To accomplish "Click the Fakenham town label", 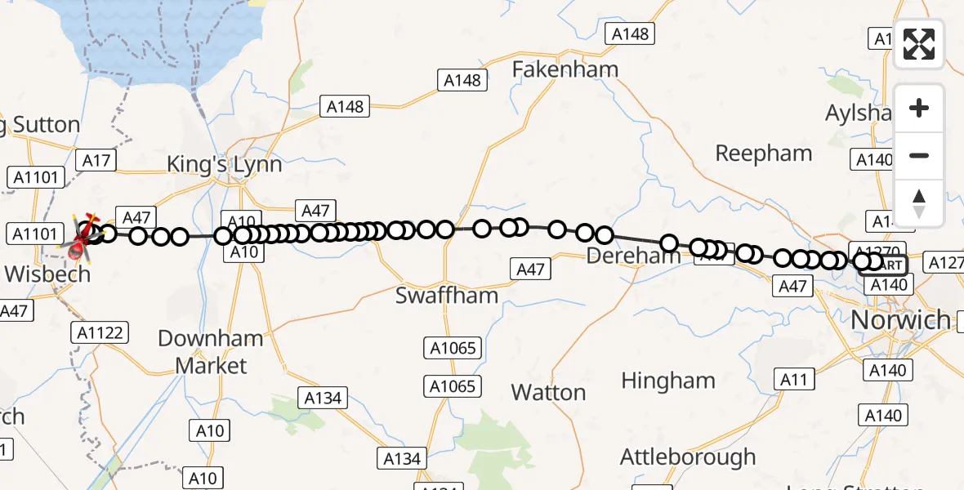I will tap(565, 69).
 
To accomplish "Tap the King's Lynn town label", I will tap(224, 164).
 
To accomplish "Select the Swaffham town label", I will tap(446, 295).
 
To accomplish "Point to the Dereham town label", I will tap(633, 256).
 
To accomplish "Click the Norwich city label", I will tap(900, 319).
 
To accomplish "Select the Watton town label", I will tap(548, 392).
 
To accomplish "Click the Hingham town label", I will tap(667, 381).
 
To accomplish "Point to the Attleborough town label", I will tap(688, 457).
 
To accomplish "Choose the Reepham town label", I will tap(763, 153).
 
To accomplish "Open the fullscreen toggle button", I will tap(919, 44).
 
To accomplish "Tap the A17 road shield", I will tap(96, 160).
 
